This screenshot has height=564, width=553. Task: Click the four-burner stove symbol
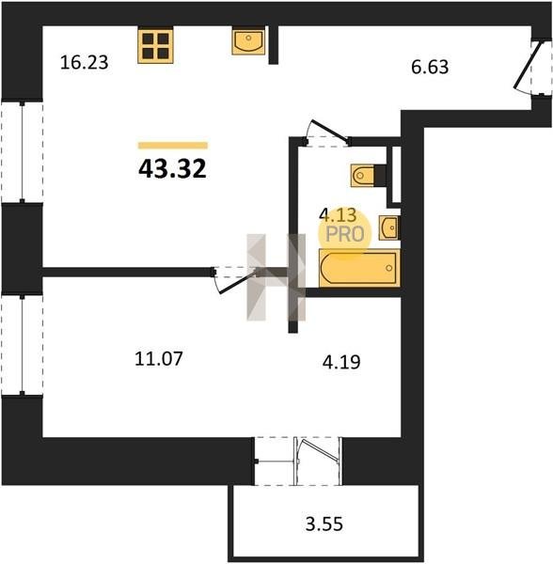pos(155,45)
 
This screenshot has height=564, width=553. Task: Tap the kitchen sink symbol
pos(248,40)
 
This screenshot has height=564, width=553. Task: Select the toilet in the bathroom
pos(369,176)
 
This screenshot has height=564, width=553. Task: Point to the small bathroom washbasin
pos(389,227)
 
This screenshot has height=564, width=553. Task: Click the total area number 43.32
pos(172,168)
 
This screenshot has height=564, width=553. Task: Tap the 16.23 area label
pos(85,62)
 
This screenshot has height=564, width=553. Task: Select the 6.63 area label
pos(430,67)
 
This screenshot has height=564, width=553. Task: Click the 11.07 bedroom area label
pos(159,359)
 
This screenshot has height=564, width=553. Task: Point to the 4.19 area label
pos(341,362)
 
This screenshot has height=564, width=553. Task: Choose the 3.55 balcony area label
pos(324,525)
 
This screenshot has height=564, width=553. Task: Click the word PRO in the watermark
pos(344,234)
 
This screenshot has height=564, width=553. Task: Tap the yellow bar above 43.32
pos(173,146)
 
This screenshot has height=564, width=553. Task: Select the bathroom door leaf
pos(330,129)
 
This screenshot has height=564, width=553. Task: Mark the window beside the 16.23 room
pos(23,151)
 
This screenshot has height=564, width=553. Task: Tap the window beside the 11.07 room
pos(23,345)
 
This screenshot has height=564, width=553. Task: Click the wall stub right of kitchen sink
pos(274,45)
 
